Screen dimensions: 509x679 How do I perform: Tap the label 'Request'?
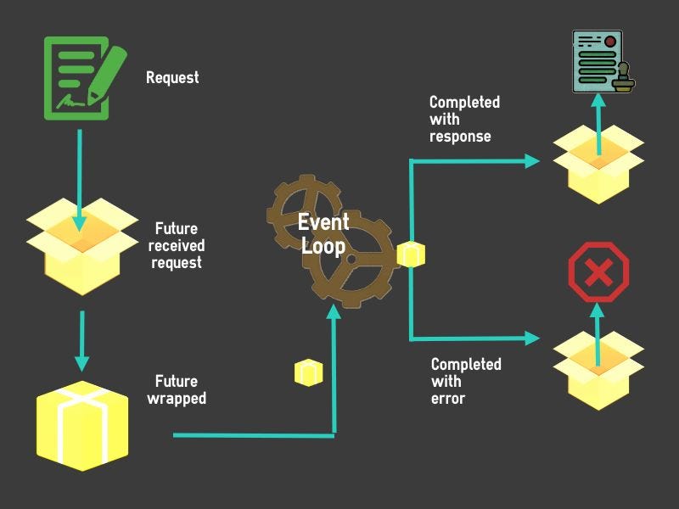tap(172, 77)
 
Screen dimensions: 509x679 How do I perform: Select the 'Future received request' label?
tap(177, 246)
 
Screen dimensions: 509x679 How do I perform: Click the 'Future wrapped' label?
tap(180, 389)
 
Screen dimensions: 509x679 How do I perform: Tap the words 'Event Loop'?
tap(323, 234)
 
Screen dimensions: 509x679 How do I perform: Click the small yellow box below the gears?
tap(308, 372)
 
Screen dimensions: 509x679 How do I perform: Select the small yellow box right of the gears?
tap(411, 254)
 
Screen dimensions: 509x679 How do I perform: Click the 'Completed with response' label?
tap(463, 119)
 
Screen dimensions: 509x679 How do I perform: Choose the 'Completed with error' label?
tap(465, 381)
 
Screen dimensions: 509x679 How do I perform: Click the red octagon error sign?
tap(598, 272)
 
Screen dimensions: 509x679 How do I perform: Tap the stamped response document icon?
tap(604, 61)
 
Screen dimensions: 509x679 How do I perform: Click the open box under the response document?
tap(598, 165)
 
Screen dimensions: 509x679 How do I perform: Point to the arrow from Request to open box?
tap(80, 178)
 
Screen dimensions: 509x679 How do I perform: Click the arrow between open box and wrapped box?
tap(81, 339)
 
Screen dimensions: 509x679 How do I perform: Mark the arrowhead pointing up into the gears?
tap(334, 314)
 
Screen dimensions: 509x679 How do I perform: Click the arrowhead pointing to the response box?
tap(532, 160)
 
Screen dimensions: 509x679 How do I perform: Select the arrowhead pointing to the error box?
tap(532, 338)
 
